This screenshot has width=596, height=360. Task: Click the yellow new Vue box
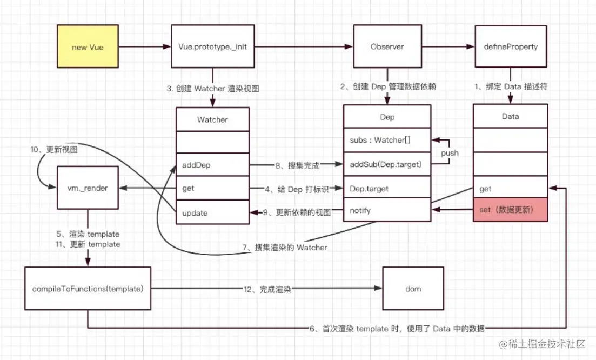[88, 47]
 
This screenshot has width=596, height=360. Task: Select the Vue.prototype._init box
[213, 47]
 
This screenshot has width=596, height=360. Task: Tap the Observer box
[387, 47]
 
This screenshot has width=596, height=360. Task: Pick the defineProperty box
[511, 47]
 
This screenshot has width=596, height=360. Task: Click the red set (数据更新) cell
[511, 210]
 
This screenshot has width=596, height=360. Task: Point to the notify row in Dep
[387, 210]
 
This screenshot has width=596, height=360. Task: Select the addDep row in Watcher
[212, 165]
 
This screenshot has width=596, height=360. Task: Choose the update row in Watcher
[212, 212]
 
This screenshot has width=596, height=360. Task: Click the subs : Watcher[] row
[387, 140]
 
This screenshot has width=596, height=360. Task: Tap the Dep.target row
[387, 188]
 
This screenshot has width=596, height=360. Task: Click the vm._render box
[88, 188]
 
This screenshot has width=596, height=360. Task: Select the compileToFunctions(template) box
[88, 289]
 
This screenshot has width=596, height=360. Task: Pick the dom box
[413, 289]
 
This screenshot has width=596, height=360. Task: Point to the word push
[450, 153]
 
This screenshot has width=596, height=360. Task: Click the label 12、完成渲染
[267, 289]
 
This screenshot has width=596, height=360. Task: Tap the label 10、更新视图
[54, 149]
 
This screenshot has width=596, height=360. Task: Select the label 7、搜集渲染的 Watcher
[285, 248]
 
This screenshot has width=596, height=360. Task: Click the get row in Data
[511, 187]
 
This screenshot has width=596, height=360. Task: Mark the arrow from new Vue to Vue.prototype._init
[145, 47]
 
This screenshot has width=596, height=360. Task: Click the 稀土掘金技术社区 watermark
[542, 344]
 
